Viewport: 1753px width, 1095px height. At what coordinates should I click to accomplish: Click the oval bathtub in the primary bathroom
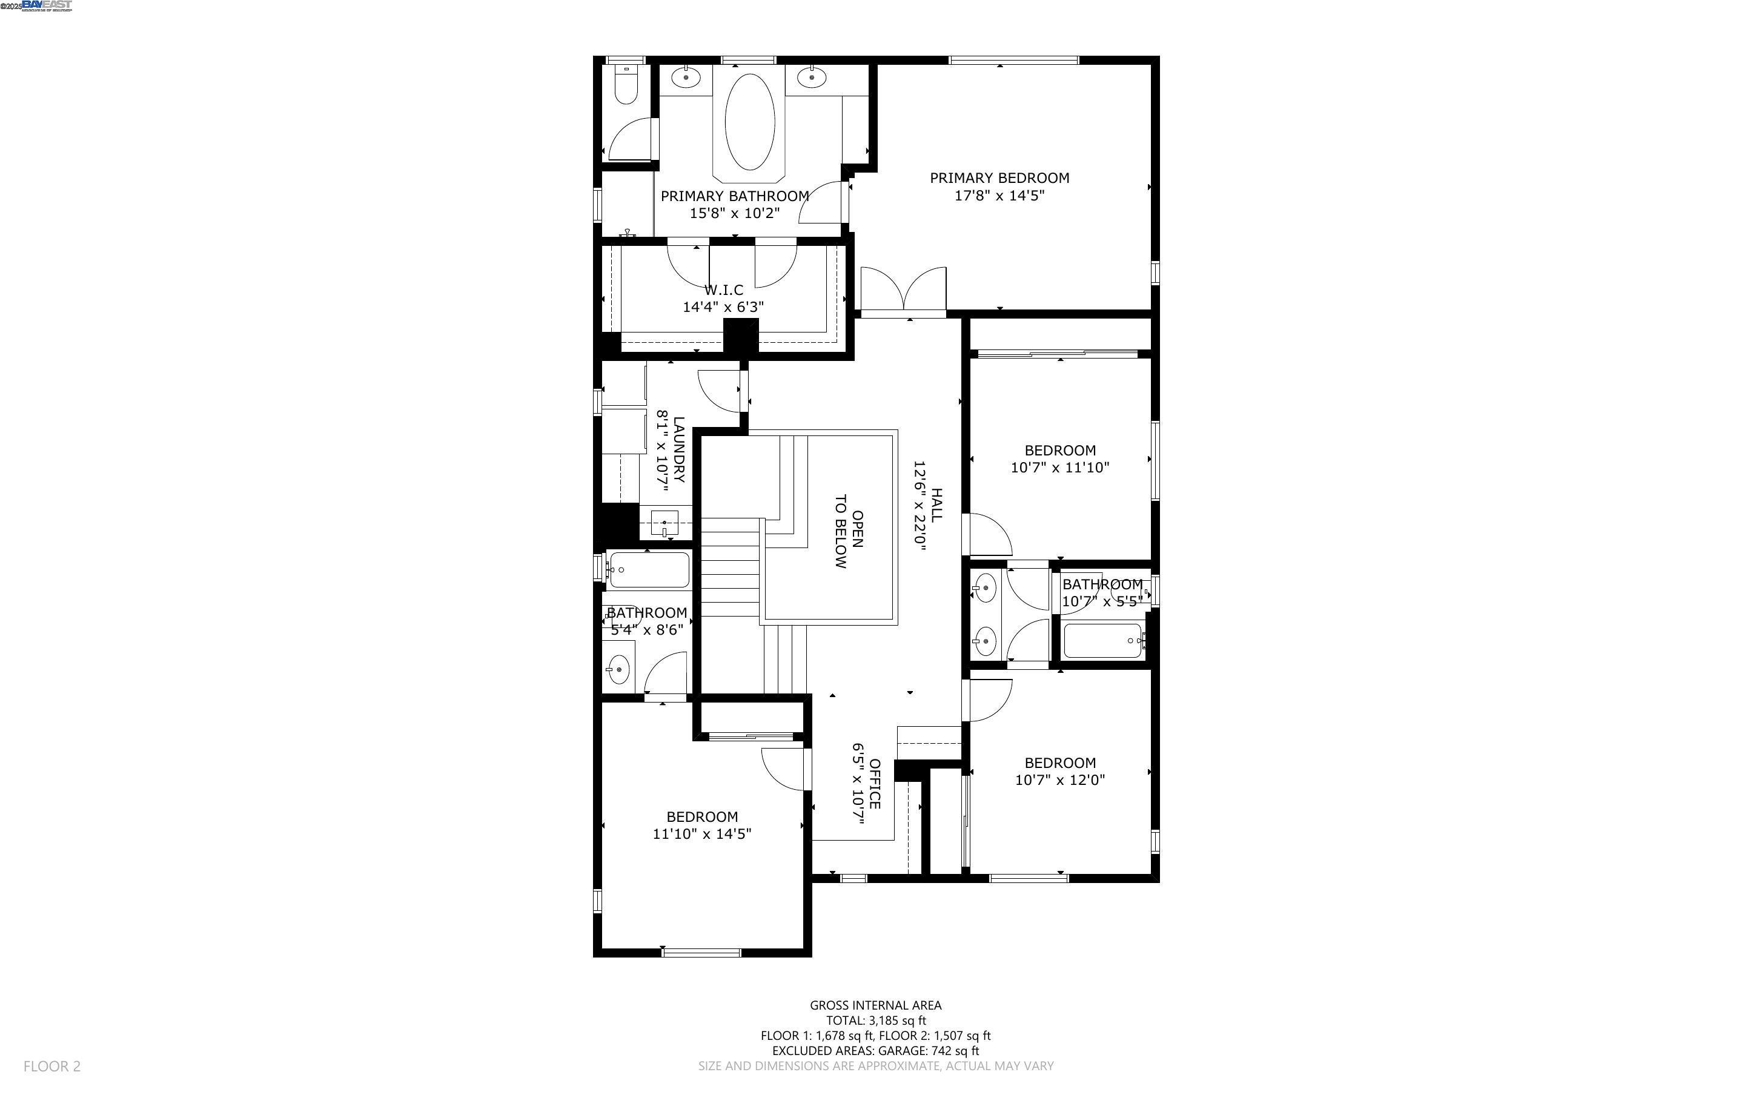pos(749,121)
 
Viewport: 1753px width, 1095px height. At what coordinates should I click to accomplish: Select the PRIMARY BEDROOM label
pos(999,178)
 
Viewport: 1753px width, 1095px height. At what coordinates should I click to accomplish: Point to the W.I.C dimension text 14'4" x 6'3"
pos(723,307)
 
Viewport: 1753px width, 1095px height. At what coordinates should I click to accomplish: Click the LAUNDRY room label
pos(678,450)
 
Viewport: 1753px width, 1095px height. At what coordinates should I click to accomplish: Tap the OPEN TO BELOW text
pos(848,531)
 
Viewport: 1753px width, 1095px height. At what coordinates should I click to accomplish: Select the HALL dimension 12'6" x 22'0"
pos(920,506)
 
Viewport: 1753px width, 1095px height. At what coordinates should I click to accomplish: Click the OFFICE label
pos(875,784)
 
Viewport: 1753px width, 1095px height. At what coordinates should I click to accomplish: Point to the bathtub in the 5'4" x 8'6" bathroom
pos(648,570)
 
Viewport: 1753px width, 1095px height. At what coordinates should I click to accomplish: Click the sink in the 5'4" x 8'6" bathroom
pos(618,670)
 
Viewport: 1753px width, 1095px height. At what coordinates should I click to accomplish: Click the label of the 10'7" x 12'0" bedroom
pos(1059,763)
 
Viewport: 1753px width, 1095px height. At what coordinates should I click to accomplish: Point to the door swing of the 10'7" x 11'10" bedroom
pos(989,536)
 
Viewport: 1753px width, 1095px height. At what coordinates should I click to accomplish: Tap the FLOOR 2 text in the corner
pos(52,1066)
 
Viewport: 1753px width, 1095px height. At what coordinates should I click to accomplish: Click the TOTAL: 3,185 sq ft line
pos(875,1021)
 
